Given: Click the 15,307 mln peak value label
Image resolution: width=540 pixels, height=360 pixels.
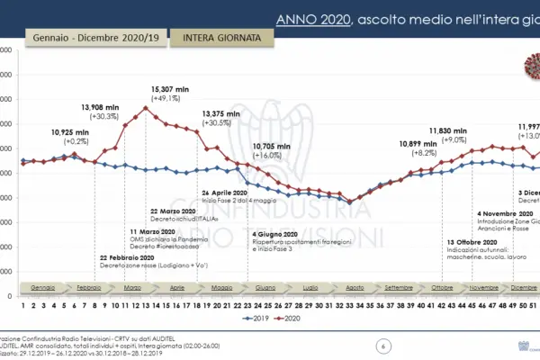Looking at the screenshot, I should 170,90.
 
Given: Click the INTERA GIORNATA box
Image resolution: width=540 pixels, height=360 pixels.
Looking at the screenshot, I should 216,38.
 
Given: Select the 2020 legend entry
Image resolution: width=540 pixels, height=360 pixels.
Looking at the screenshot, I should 288,318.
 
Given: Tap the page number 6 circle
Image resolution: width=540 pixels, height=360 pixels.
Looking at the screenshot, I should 384,345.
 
